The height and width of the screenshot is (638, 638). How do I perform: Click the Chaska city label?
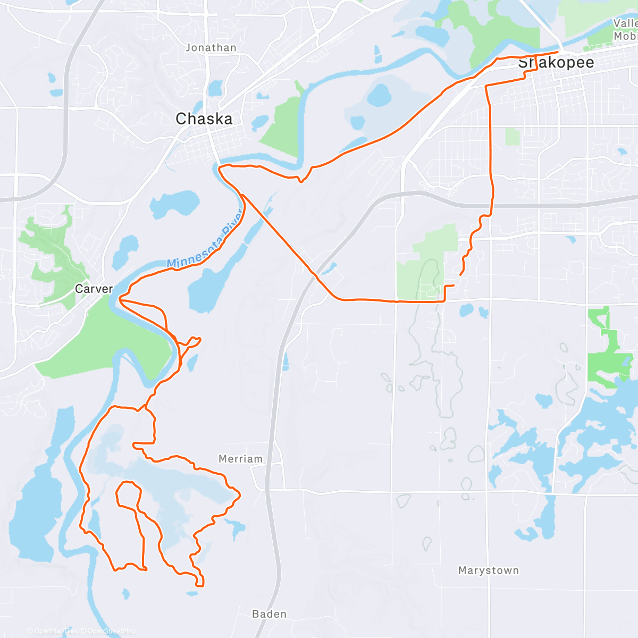click(x=204, y=119)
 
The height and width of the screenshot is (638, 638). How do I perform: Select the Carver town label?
click(x=94, y=289)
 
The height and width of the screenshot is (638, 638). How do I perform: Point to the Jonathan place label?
click(x=211, y=48)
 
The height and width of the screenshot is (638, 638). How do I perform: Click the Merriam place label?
click(x=240, y=459)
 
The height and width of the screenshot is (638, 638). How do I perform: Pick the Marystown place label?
click(x=488, y=570)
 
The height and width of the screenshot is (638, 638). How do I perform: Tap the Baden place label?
click(x=269, y=614)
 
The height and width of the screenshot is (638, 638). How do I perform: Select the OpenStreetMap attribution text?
click(x=111, y=631)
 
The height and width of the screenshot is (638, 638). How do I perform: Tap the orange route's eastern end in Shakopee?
click(x=558, y=52)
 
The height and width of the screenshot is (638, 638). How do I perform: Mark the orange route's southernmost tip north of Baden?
click(x=200, y=585)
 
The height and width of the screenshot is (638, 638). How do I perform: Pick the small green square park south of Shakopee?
click(x=512, y=137)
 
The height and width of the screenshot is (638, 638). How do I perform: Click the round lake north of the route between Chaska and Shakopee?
click(x=379, y=96)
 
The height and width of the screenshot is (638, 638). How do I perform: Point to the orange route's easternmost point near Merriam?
click(x=240, y=496)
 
